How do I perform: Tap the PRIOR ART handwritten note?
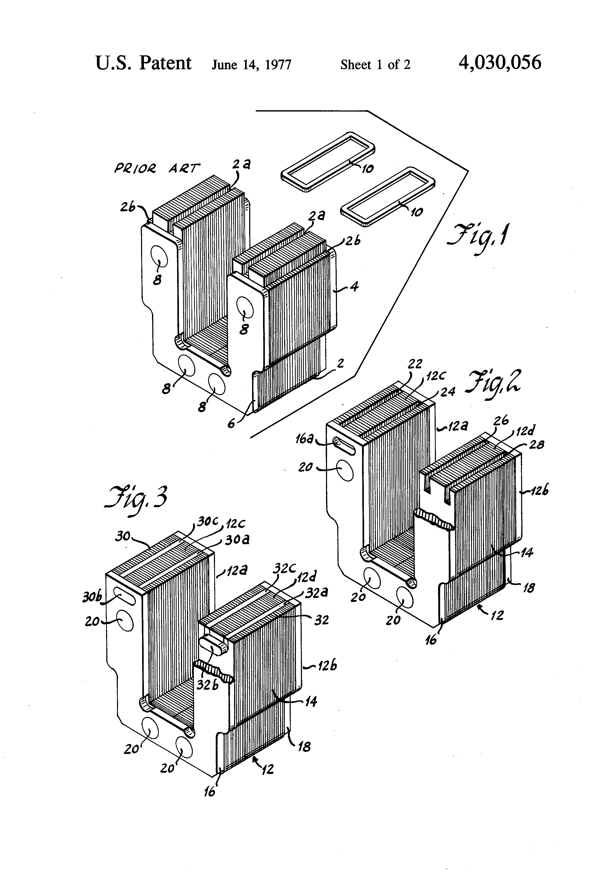tap(157, 168)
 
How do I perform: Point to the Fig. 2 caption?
tap(492, 383)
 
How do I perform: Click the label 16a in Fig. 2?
tap(305, 439)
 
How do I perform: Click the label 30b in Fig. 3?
tap(91, 597)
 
